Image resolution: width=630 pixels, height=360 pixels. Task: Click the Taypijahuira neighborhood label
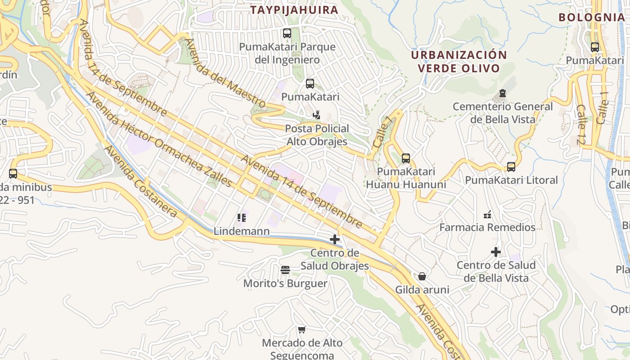click(x=294, y=10)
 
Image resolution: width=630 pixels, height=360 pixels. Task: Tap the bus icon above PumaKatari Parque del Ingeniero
click(x=287, y=33)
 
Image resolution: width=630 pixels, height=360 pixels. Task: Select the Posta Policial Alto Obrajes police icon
click(x=317, y=115)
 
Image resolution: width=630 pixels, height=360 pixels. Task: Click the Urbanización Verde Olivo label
click(x=459, y=62)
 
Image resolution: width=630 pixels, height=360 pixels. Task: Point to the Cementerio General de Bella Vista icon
click(x=502, y=94)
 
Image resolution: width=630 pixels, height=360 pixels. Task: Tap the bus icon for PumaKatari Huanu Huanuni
click(x=406, y=158)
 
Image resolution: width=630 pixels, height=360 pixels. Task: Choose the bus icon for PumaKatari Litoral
click(x=511, y=167)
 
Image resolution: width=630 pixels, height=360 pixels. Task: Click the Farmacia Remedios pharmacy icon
click(x=487, y=214)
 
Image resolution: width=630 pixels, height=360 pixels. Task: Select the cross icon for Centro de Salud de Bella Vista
click(x=496, y=252)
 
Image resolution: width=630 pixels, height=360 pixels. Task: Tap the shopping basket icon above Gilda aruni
click(x=422, y=276)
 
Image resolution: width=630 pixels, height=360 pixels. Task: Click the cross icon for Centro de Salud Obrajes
click(x=335, y=240)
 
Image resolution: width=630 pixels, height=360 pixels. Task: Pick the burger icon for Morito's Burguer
click(x=285, y=270)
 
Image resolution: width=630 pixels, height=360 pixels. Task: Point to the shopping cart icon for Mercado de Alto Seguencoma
click(x=302, y=330)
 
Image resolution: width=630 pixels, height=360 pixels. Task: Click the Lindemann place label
click(x=242, y=231)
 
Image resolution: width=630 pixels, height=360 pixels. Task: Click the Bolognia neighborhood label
click(x=591, y=18)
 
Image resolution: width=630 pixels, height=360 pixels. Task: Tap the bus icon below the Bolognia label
click(x=595, y=47)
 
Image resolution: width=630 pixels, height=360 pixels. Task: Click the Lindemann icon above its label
click(x=242, y=218)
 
